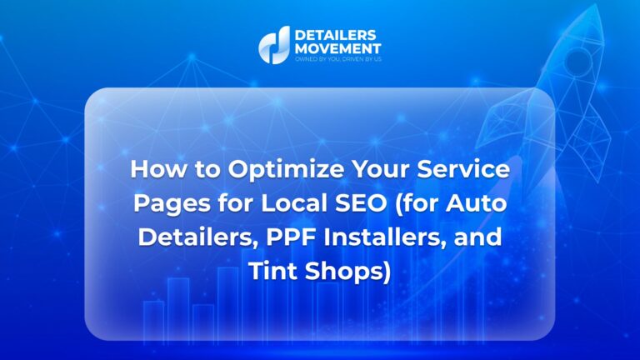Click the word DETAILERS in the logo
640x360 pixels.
tap(335, 35)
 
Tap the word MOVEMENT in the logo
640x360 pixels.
tap(338, 48)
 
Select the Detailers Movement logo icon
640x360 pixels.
tap(275, 45)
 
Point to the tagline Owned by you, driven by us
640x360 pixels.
tap(338, 59)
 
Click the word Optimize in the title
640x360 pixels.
tap(286, 169)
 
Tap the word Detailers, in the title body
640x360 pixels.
tap(199, 237)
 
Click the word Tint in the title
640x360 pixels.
tap(273, 271)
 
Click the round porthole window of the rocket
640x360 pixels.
tap(578, 61)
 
